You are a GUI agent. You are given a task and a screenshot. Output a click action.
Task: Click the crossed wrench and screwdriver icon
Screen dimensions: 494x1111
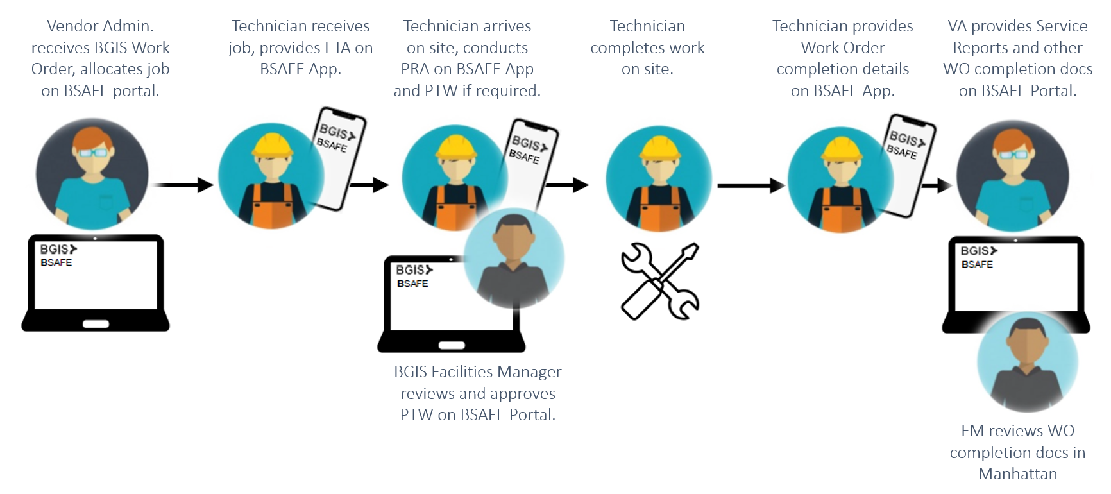coord(660,281)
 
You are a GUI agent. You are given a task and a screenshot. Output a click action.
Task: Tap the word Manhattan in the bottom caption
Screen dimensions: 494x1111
coord(1017,474)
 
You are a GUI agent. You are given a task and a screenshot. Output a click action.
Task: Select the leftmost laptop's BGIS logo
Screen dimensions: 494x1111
coord(58,249)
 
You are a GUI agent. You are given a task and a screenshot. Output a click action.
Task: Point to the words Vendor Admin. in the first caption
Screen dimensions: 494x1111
coord(100,26)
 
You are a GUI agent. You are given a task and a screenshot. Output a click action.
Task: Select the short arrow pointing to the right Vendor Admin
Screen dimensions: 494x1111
coord(936,186)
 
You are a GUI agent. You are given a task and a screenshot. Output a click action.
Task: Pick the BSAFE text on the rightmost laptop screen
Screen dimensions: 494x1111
coord(976,264)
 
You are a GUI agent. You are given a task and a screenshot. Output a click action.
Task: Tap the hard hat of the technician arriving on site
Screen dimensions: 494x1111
coord(456,147)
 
